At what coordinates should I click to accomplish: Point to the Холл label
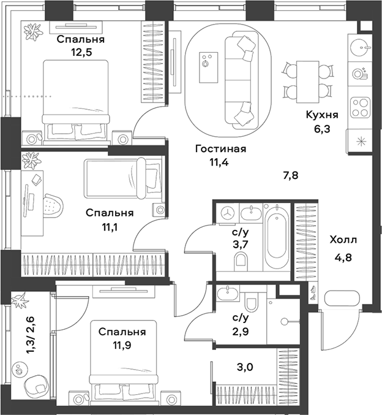tap(343, 240)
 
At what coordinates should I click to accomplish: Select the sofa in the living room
tap(239, 80)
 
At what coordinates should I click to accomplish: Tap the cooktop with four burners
tap(359, 109)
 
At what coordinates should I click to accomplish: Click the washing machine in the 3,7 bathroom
tap(227, 213)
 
